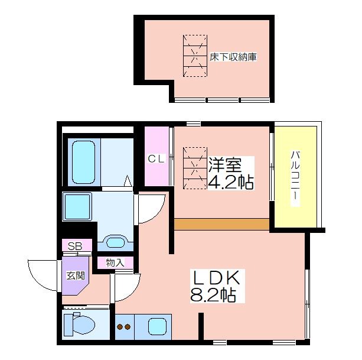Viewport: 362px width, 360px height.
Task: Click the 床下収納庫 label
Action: pos(233,57)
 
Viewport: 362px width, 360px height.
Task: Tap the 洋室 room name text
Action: pos(225,165)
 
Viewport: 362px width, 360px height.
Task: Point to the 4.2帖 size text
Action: pos(231,182)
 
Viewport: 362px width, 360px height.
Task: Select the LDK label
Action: pos(216,277)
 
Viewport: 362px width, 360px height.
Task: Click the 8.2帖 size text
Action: pos(213,295)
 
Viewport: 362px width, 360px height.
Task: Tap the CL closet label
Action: pos(156,159)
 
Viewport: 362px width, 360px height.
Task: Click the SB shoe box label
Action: pos(75,247)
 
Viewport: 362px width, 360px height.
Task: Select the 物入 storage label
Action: pos(115,262)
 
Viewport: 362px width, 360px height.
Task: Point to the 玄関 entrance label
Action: pos(76,275)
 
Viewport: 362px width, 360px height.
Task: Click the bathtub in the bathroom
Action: pos(83,162)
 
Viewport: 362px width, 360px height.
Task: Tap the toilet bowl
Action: pos(80,325)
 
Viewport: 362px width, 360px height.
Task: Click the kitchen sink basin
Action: pos(157,326)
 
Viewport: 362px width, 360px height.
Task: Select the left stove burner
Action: pos(120,327)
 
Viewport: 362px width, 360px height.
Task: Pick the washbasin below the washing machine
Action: pos(115,242)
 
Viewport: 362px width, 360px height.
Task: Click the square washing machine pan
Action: pos(77,206)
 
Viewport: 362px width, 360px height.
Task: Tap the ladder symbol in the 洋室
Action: pos(195,168)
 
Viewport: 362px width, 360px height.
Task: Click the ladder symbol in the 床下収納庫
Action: pos(195,56)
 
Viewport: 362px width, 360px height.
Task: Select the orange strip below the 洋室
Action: pos(221,224)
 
